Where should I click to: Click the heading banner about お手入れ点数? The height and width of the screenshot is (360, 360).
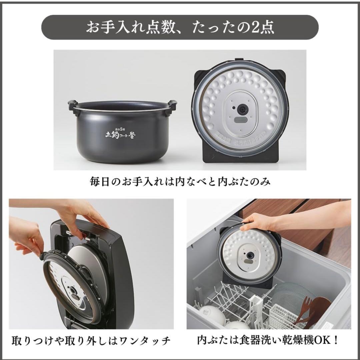[x=180, y=28]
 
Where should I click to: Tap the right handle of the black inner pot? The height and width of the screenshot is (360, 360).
[x=172, y=105]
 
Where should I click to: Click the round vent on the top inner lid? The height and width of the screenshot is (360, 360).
[x=241, y=109]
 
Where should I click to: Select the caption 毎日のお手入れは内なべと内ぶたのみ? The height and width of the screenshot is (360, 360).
[x=180, y=182]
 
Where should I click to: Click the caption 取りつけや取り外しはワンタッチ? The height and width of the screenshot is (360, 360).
[x=91, y=341]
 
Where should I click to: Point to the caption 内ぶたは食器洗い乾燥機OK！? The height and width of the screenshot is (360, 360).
[x=268, y=341]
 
